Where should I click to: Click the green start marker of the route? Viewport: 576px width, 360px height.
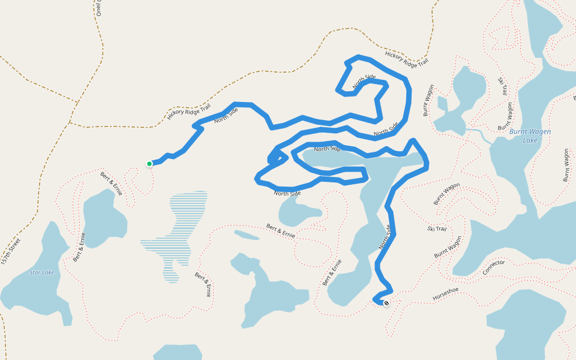(x=149, y=163)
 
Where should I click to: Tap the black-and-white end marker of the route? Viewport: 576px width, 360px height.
(x=386, y=303)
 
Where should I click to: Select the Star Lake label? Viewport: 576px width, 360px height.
(x=42, y=273)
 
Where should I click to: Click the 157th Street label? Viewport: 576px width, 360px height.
(x=11, y=252)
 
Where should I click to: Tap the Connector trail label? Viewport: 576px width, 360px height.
(x=494, y=267)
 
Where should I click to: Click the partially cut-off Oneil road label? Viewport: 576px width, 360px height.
(x=99, y=7)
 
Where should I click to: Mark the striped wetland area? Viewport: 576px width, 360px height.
(x=180, y=234)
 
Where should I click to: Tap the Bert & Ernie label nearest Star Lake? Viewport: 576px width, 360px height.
(x=79, y=247)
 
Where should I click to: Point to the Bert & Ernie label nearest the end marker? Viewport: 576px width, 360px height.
(x=332, y=272)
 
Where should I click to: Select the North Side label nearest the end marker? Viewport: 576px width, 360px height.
(x=385, y=237)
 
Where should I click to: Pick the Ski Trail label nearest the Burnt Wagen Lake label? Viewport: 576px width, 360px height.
(x=503, y=86)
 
